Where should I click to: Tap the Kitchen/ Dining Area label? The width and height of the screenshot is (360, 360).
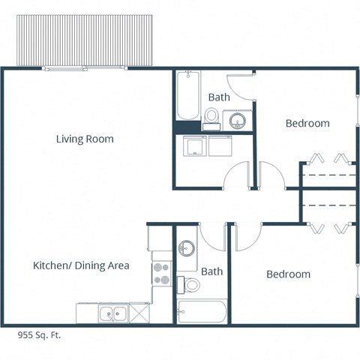[81, 265]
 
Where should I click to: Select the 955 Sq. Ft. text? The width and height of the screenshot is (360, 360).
[38, 335]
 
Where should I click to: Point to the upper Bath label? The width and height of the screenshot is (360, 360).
[219, 97]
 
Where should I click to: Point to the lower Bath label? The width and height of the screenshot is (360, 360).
[211, 271]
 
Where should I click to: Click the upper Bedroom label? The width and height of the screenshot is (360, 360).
[307, 123]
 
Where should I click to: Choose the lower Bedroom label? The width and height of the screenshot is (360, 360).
[288, 274]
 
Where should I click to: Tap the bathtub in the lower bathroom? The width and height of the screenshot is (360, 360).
[202, 311]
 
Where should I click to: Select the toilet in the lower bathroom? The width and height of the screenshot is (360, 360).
[192, 284]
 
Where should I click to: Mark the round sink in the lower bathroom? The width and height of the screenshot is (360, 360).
[187, 247]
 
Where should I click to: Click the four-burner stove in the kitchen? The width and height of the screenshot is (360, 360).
[162, 274]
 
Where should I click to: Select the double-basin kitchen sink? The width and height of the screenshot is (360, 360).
[113, 313]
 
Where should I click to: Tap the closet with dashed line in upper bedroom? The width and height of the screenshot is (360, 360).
[328, 175]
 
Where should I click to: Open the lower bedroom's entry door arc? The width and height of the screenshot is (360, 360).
[247, 235]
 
